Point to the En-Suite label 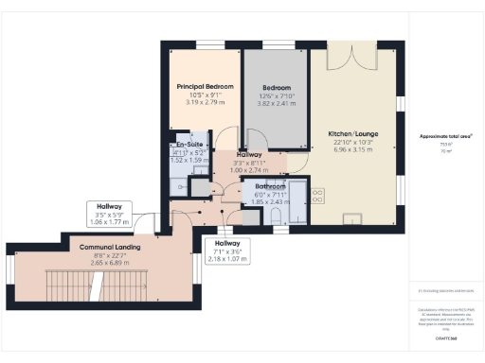click(186, 145)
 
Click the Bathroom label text click(272, 186)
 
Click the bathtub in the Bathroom click(297, 201)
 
